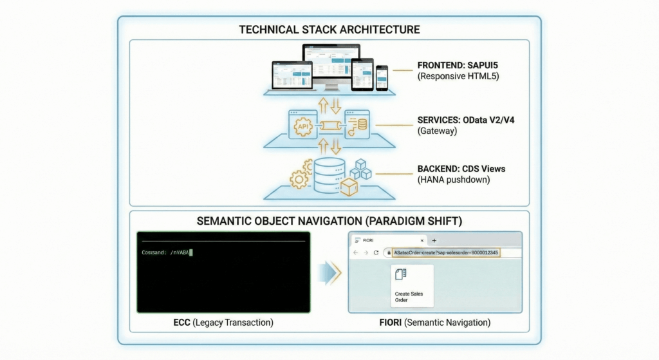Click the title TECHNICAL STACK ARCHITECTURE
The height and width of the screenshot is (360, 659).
[x=329, y=30]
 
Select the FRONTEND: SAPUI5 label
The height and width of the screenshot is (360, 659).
[x=456, y=67]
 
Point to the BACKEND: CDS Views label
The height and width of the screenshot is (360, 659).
[x=461, y=169]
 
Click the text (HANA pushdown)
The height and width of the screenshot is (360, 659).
[x=453, y=180]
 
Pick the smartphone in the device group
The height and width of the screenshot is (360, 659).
[x=382, y=77]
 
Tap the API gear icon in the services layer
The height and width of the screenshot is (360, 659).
[x=303, y=127]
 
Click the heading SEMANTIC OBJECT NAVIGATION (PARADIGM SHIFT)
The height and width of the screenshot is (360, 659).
[x=329, y=222]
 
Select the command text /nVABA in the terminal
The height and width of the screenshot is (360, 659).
[x=180, y=252]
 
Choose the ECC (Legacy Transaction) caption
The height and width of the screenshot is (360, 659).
[x=223, y=322]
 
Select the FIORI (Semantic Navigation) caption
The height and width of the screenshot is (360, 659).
[x=435, y=322]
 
